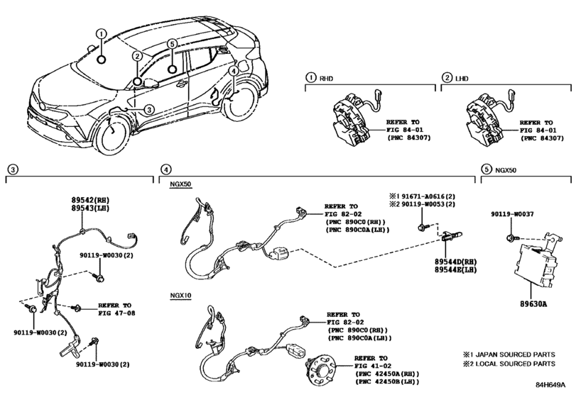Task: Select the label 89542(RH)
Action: (x=90, y=200)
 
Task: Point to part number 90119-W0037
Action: (x=513, y=214)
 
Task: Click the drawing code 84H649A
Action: (x=550, y=385)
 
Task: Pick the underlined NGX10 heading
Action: (x=180, y=296)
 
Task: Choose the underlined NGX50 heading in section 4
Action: (x=180, y=184)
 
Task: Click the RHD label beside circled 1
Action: (x=327, y=79)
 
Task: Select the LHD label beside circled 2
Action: (x=462, y=79)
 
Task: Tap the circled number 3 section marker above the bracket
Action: (x=13, y=169)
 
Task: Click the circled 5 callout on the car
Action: (x=172, y=44)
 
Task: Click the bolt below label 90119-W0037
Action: (x=511, y=238)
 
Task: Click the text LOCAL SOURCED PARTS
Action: (x=516, y=364)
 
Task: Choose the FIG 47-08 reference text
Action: (x=116, y=313)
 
